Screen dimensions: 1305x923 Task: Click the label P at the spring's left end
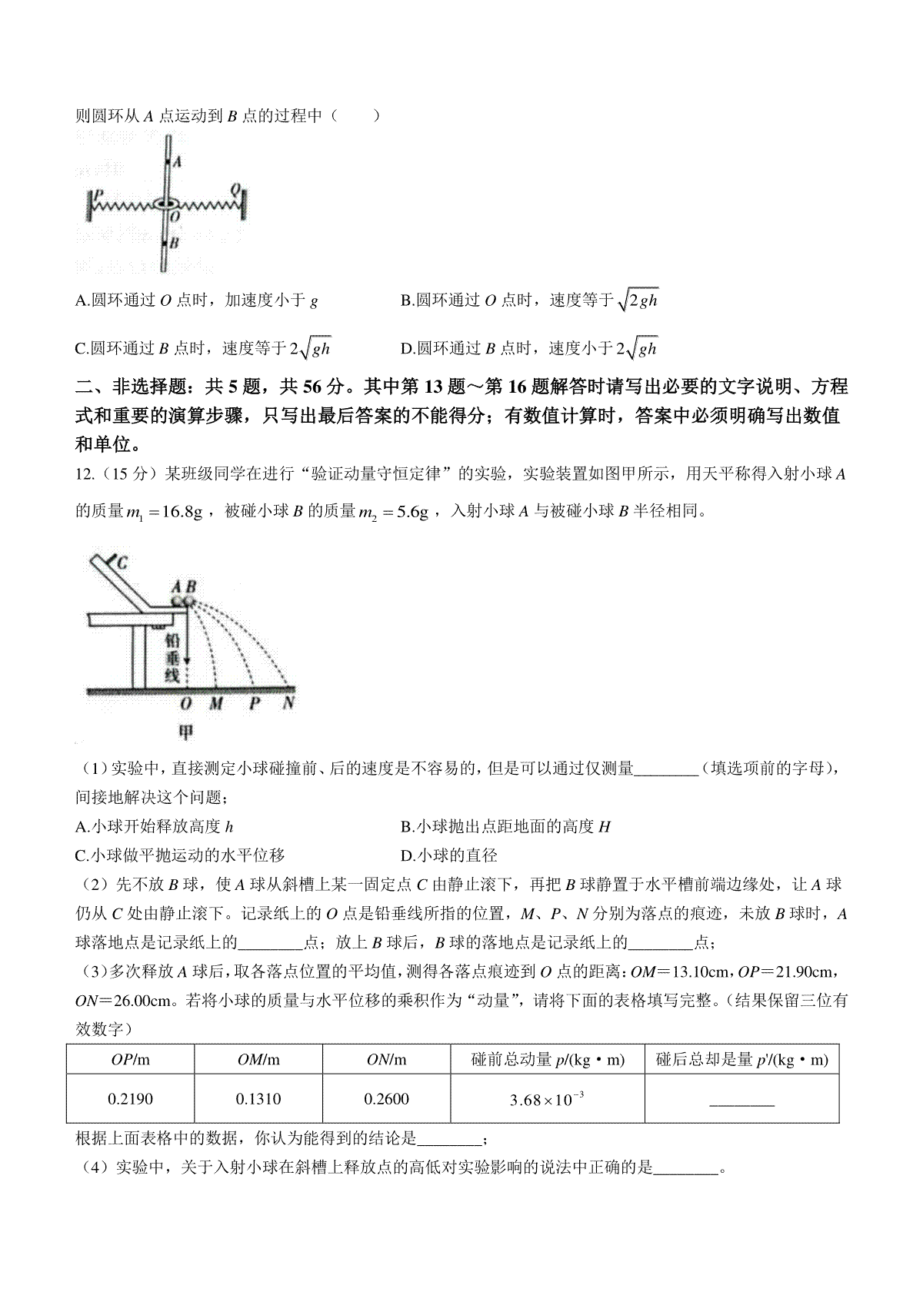98,194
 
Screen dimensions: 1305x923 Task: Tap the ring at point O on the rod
166,204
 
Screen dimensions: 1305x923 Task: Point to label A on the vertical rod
176,162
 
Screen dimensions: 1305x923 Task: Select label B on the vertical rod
175,243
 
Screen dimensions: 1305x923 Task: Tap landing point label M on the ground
216,703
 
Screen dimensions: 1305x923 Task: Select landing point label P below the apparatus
255,703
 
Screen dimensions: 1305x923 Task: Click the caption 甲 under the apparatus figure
186,732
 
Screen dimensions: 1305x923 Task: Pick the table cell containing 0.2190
130,1100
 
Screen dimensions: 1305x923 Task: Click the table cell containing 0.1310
258,1100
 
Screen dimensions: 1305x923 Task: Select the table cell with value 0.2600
386,1100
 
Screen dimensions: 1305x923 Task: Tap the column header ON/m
386,1061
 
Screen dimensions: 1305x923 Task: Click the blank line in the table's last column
741,1104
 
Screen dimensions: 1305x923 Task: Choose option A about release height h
155,827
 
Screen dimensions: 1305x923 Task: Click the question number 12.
85,474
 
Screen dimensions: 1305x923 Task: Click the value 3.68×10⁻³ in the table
547,1101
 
